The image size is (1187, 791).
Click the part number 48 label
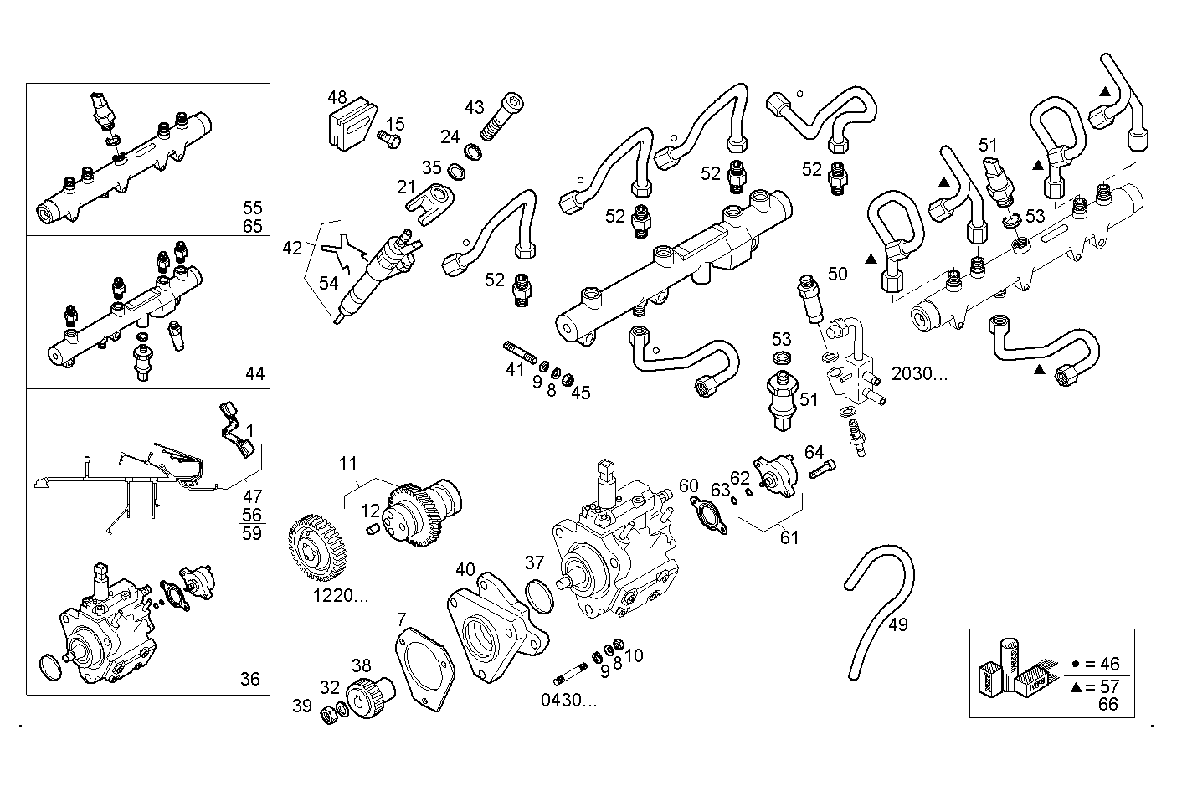[x=337, y=98]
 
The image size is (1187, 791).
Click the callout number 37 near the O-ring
[x=535, y=562]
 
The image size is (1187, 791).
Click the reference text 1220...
[x=341, y=596]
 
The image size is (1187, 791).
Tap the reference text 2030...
[x=919, y=373]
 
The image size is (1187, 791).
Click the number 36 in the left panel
[x=250, y=679]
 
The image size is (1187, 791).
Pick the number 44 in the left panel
[x=254, y=373]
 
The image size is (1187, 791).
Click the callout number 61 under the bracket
[x=789, y=537]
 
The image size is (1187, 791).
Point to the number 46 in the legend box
[x=1108, y=665]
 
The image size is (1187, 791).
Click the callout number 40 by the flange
[x=465, y=570]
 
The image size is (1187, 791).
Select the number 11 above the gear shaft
[x=348, y=463]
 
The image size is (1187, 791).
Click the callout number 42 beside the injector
[x=292, y=248]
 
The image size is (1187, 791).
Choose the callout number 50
[x=837, y=274]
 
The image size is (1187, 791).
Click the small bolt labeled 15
[x=388, y=138]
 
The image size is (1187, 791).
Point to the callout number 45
[x=580, y=393]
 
